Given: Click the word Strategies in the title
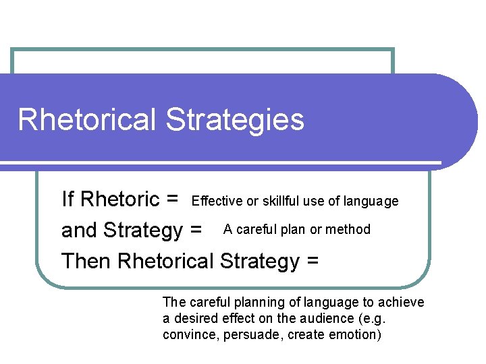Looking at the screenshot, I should tap(235, 120).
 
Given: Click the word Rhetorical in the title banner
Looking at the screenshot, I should tap(88, 119).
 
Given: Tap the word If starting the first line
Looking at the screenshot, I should tap(67, 200).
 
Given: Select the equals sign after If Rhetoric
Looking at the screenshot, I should tap(171, 200).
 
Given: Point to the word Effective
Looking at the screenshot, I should tap(217, 201).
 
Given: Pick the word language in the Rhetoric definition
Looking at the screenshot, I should tap(371, 201).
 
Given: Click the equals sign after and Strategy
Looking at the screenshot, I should tap(196, 231).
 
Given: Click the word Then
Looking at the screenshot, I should tap(86, 260).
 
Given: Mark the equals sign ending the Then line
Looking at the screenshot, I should tap(313, 261).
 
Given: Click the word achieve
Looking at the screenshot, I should tap(401, 303).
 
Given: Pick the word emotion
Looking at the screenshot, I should tap(355, 334).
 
